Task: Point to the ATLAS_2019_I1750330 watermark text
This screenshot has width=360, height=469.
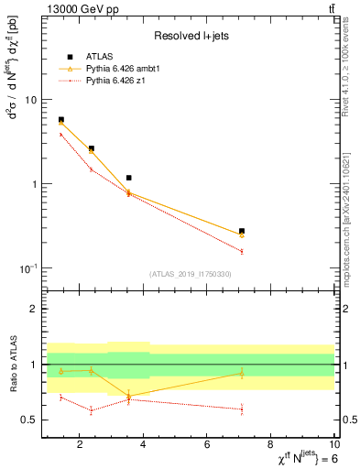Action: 191,274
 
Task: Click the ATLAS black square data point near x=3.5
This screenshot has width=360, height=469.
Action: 129,178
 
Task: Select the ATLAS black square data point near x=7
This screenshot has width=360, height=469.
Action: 242,231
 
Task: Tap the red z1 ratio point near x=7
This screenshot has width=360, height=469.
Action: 242,409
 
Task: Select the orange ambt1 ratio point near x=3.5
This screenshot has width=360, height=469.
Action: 129,396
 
